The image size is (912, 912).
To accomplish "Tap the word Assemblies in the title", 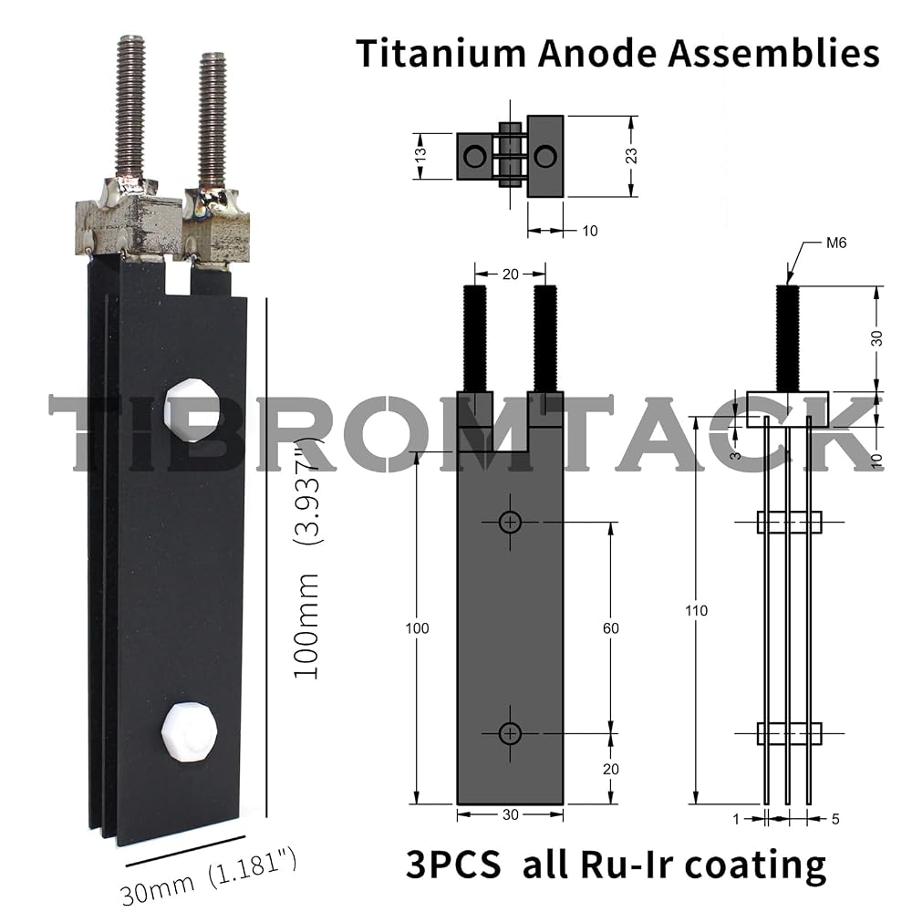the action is (773, 54).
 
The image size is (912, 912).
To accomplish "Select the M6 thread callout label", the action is (836, 244).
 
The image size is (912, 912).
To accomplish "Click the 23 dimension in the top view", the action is (631, 156).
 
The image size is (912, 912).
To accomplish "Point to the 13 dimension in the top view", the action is (420, 155).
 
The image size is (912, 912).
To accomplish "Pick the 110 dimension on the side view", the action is (696, 610).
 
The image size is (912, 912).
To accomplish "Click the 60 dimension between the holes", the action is (611, 627).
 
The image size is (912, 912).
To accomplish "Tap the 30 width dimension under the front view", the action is (510, 814).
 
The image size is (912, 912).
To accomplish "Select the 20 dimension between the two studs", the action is (510, 274).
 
